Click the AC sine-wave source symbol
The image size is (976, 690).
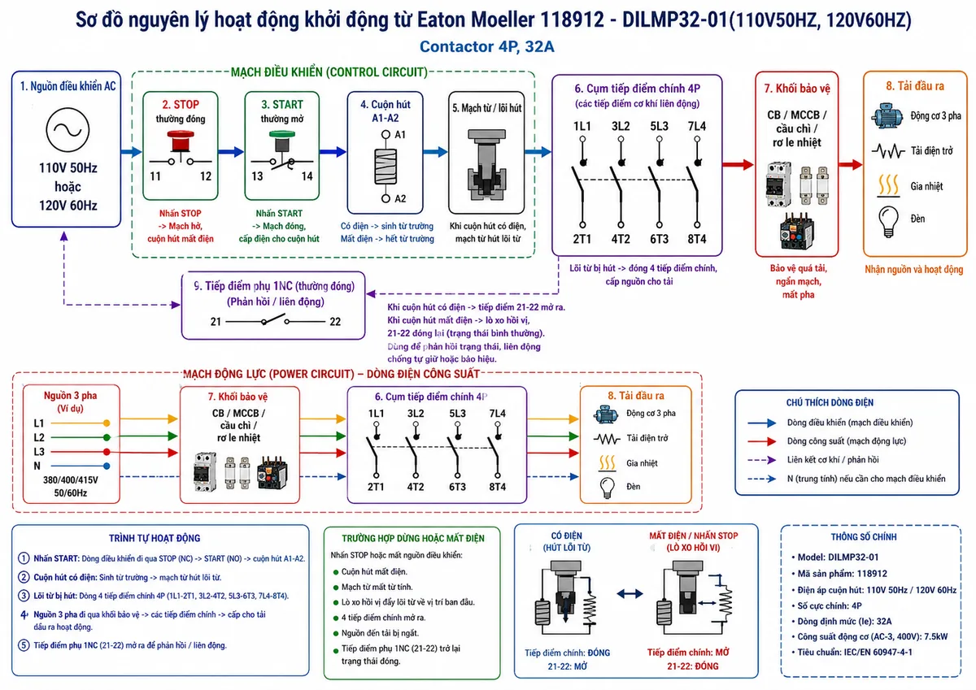pos(68,130)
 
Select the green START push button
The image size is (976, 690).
pos(282,141)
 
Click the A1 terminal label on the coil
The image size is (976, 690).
pos(400,135)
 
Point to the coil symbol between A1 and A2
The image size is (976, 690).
pos(386,167)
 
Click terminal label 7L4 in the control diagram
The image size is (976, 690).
pos(697,126)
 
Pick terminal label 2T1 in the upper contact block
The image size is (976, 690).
pos(582,239)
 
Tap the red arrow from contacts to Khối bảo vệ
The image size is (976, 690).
pos(739,164)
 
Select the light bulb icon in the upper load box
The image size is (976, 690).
pos(888,221)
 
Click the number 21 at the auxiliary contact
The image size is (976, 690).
pos(216,322)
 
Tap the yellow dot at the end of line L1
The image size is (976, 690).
pos(107,423)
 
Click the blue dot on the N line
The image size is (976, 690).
pos(107,466)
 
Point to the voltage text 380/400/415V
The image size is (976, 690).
pos(71,480)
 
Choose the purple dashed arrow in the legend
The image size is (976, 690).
pos(761,460)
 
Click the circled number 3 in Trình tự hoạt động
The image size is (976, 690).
pos(24,596)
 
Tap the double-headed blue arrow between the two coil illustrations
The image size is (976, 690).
pos(630,593)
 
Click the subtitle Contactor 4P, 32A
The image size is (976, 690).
pos(486,46)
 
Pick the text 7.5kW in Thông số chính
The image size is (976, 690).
pos(935,636)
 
